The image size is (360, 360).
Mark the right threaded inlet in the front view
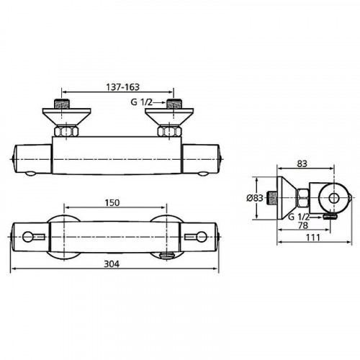coord(172,105)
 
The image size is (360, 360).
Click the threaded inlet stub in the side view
coord(272,197)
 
